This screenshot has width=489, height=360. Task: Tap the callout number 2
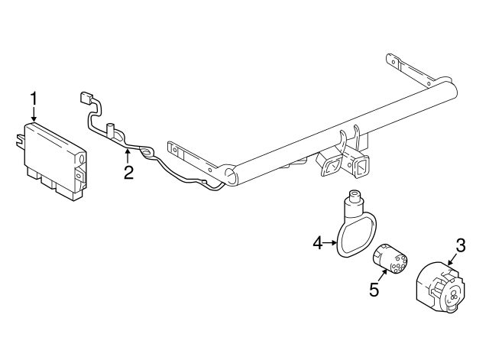[128, 172]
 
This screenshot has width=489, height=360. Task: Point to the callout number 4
[318, 244]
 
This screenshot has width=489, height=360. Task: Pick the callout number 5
[374, 290]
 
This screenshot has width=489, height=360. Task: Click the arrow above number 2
[127, 156]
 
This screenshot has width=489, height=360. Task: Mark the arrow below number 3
[451, 260]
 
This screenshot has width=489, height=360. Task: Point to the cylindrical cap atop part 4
[355, 202]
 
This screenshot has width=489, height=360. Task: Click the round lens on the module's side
[80, 158]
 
